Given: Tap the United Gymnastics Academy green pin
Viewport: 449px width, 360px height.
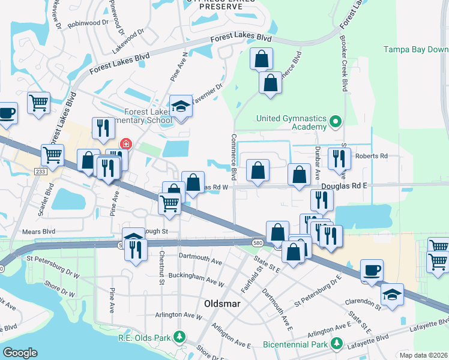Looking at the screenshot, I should click(336, 122).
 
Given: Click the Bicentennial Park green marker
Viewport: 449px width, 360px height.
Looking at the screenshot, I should click(336, 344).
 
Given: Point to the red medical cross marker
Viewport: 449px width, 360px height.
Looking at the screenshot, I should click(125, 143).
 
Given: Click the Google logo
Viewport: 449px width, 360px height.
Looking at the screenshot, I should click(20, 353).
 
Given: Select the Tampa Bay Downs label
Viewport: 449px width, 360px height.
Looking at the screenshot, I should click(416, 49).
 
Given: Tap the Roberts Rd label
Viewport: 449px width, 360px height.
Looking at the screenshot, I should click(372, 156).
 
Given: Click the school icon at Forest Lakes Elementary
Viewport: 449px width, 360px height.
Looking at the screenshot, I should click(179, 106).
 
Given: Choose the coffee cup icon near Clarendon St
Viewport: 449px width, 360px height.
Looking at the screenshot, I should click(370, 269).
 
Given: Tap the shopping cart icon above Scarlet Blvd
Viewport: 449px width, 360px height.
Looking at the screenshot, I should click(53, 154).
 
